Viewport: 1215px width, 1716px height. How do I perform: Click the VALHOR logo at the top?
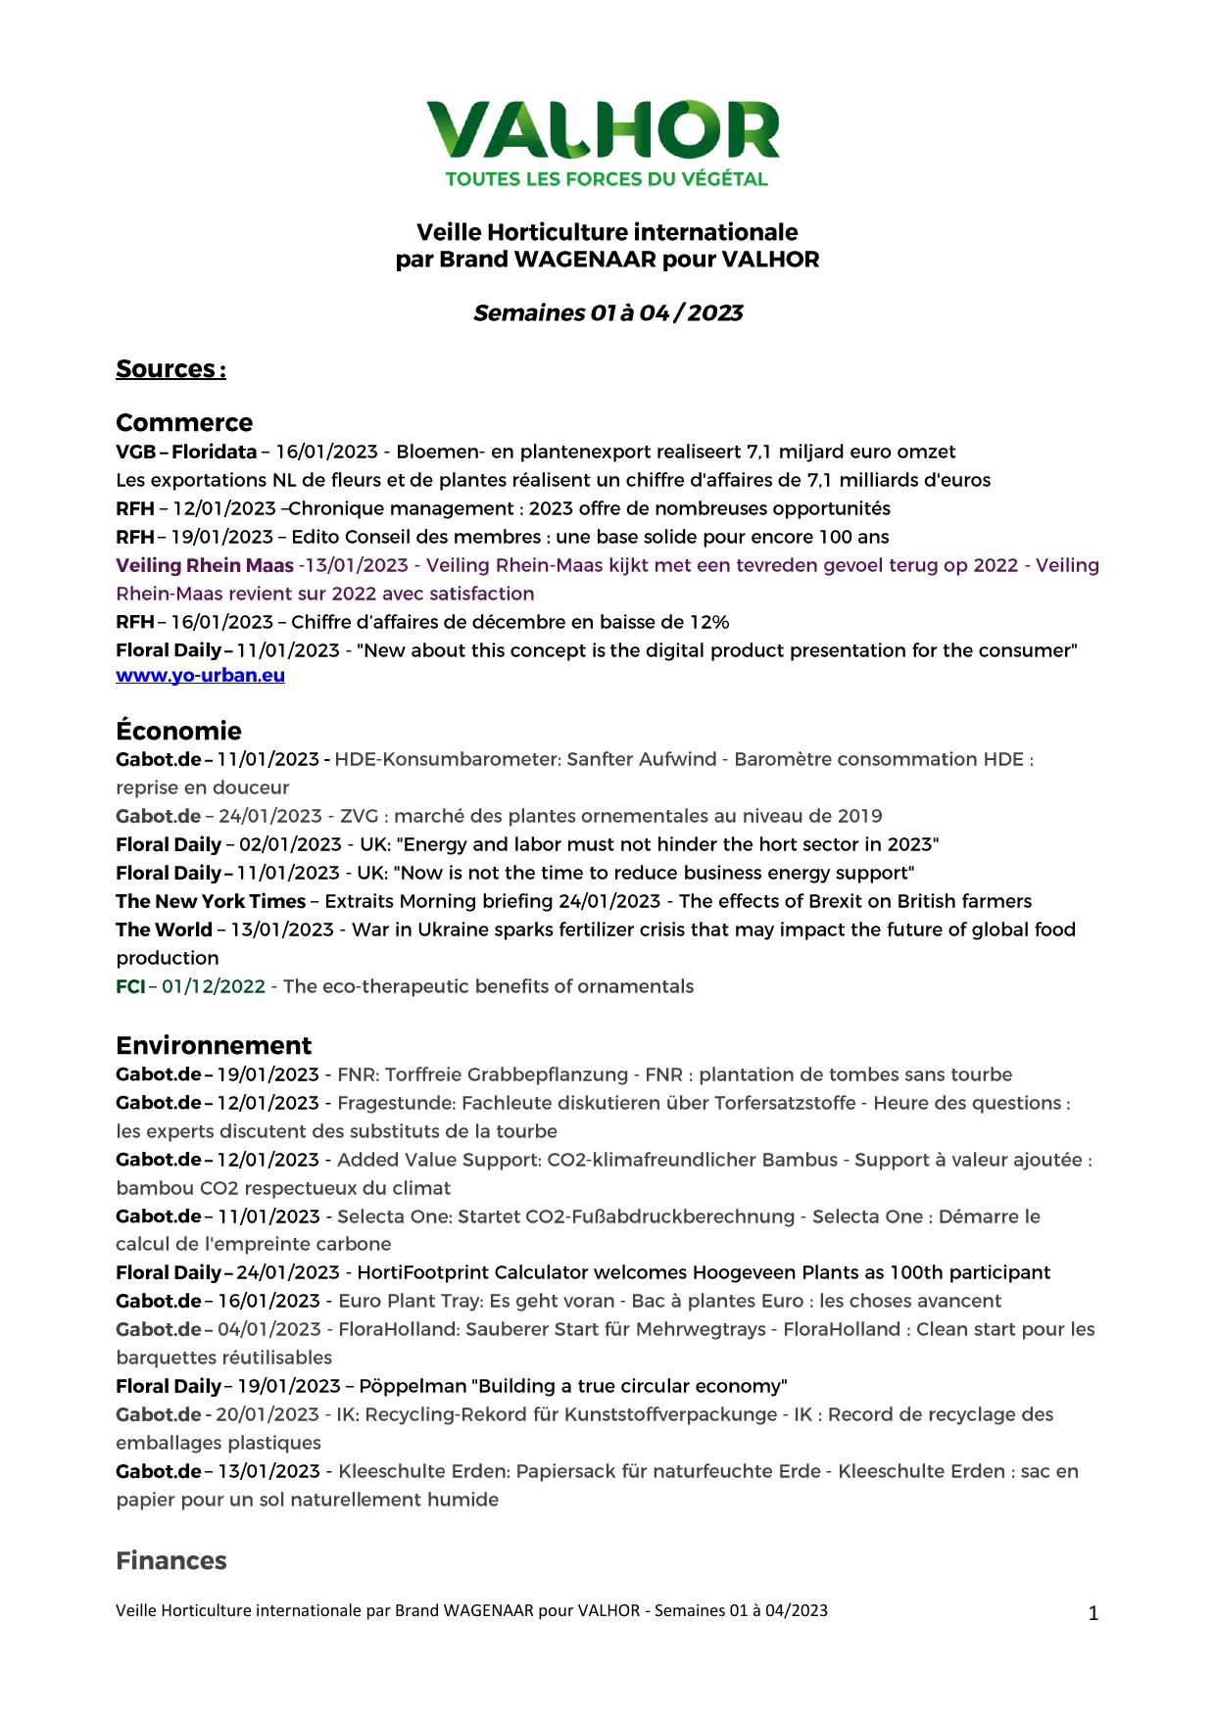[604, 130]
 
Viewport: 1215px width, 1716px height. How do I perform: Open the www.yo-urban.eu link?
[200, 675]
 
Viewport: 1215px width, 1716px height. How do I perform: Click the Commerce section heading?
[184, 422]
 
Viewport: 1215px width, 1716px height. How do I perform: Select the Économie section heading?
[178, 731]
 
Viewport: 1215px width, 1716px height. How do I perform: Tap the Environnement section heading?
[214, 1045]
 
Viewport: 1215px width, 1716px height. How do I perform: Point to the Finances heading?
[171, 1560]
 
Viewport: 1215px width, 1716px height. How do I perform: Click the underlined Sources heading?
[170, 369]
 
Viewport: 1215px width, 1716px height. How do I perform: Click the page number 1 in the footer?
[1093, 1613]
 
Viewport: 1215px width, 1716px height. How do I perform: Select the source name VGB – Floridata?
[186, 452]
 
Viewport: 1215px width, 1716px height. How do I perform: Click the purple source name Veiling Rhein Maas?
[205, 565]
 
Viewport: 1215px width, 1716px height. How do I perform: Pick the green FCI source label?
[130, 986]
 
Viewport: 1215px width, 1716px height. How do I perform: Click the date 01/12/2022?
[214, 986]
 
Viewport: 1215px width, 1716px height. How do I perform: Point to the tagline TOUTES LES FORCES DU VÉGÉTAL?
[607, 179]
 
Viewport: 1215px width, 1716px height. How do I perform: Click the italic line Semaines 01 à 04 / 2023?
[607, 313]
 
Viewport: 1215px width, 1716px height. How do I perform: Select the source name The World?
[164, 929]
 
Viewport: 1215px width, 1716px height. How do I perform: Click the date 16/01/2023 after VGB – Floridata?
[326, 452]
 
